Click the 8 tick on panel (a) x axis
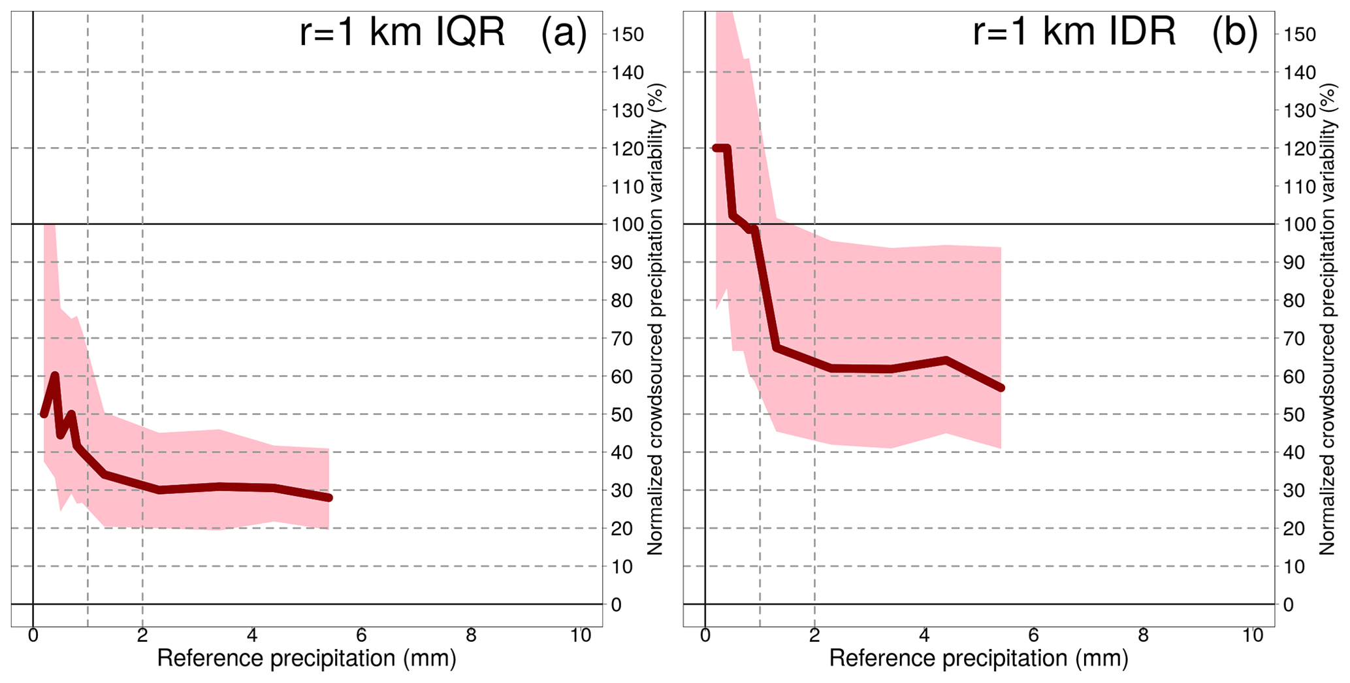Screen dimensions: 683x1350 tap(471, 636)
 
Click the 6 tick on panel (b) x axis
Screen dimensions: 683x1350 tap(1033, 636)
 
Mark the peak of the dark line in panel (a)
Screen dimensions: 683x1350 tap(55, 375)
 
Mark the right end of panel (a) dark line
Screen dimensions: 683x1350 tap(329, 498)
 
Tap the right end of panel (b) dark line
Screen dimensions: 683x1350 tap(1001, 388)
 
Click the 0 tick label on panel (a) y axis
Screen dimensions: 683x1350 tap(617, 605)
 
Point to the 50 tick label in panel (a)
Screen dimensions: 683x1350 tap(622, 415)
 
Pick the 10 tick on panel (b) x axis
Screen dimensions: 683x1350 tap(1253, 636)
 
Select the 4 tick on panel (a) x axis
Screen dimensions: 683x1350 tap(252, 636)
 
